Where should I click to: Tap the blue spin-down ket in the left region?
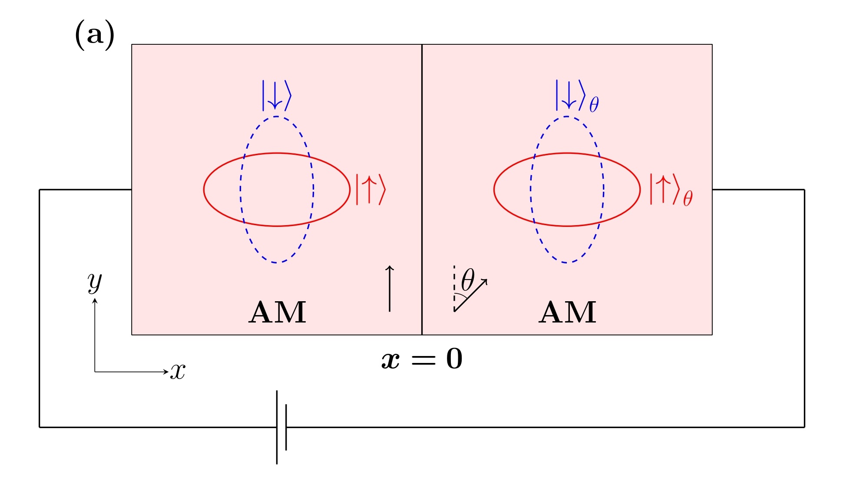point(276,95)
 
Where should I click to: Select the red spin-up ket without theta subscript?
point(371,189)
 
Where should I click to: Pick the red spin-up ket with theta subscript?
point(670,190)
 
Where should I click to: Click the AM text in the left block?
point(277,313)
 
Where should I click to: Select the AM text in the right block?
point(567,313)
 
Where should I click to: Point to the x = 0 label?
point(422,359)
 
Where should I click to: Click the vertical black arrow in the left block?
point(390,289)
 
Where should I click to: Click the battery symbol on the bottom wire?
point(281,427)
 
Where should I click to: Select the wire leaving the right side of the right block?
point(758,190)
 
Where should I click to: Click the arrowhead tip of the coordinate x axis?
point(167,372)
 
